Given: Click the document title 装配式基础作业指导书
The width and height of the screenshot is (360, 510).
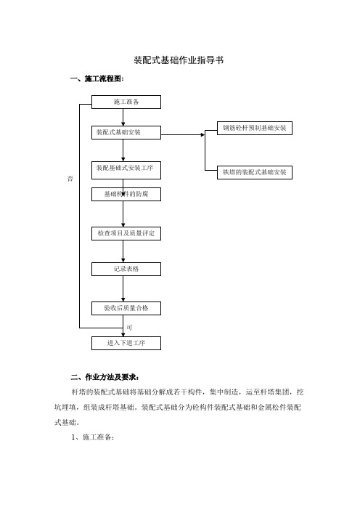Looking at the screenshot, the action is click(179, 60).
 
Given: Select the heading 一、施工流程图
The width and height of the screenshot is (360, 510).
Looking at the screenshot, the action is click(97, 78).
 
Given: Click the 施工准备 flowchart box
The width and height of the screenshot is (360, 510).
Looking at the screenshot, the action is click(126, 102).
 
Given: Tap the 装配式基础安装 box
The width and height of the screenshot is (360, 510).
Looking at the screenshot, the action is click(126, 132).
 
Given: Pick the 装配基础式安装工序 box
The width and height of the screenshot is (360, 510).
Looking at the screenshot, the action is click(126, 170).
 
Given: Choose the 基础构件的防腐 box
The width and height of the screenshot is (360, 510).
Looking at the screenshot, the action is click(126, 194).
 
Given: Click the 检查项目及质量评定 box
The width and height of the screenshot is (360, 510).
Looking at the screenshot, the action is click(126, 233).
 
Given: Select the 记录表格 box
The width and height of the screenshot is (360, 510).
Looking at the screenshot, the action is click(126, 269).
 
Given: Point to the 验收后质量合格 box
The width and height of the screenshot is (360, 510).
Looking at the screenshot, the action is click(126, 308).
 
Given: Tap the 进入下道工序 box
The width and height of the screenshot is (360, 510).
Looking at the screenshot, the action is click(126, 343).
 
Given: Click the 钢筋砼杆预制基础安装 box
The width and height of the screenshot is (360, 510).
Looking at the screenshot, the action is click(255, 128).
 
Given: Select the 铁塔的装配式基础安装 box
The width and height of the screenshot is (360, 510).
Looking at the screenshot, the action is click(255, 172).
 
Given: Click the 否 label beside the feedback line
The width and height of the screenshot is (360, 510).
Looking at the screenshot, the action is click(70, 179).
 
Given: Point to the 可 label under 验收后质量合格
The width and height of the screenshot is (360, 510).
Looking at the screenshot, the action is click(129, 328).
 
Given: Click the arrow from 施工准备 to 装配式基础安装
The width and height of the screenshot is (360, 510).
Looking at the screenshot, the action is click(123, 117).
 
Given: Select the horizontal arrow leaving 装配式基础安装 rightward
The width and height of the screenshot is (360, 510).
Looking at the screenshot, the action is click(183, 134).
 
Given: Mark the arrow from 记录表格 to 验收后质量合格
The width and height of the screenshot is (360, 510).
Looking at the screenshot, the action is click(123, 288).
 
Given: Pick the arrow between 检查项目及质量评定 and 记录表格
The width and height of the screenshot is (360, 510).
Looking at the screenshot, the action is click(123, 251).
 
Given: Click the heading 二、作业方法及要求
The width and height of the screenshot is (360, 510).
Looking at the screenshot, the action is click(105, 377).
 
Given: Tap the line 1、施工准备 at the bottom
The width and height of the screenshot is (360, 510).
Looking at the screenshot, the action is click(93, 437).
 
